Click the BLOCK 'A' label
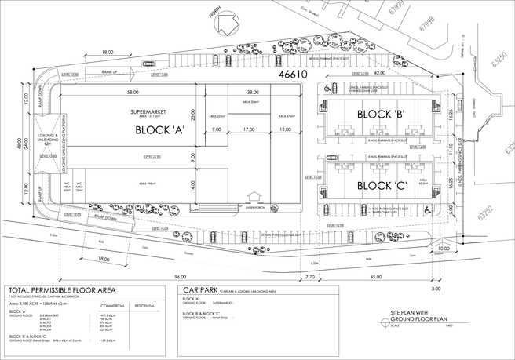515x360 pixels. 159,131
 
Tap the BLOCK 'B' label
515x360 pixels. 381,115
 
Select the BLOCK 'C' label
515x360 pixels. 381,186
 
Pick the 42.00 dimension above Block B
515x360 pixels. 380,74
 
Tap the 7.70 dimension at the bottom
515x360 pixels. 309,277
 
